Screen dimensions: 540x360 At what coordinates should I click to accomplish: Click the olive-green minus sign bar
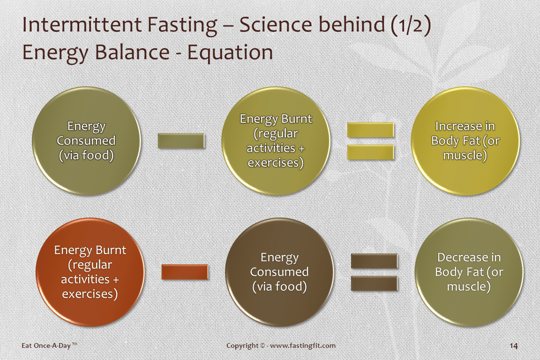181,141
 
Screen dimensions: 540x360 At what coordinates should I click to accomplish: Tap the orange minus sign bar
185,272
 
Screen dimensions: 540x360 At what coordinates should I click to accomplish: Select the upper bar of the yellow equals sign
371,130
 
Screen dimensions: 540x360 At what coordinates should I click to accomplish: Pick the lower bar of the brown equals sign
375,284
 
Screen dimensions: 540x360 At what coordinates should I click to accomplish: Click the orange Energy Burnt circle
90,272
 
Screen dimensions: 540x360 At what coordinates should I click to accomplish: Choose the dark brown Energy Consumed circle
279,272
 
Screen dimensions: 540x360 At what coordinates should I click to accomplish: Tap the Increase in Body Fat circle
465,141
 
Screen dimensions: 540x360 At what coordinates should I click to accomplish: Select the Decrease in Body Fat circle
469,272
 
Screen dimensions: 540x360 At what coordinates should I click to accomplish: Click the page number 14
513,346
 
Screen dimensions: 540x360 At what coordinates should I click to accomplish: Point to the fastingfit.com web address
303,345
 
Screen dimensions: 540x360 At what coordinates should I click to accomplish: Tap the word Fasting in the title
182,25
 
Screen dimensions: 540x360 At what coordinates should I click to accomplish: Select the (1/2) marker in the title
411,25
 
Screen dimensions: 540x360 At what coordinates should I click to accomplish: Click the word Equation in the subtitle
230,52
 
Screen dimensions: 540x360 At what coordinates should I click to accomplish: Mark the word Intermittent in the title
82,25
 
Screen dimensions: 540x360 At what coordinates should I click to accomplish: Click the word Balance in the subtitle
132,52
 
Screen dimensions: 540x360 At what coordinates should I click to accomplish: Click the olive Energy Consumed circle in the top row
86,141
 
